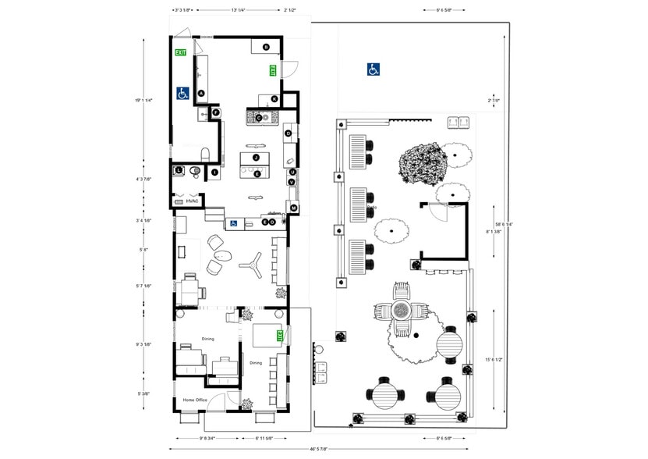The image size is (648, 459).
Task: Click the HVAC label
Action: point(192,201)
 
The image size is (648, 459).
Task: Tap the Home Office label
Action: point(195,400)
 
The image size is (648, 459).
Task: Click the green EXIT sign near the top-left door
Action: point(181,52)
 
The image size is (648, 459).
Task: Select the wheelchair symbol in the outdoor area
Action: point(374,69)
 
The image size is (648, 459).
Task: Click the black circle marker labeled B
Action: point(265,47)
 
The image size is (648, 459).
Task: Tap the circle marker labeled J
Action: point(255,158)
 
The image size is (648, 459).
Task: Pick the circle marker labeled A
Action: point(201,93)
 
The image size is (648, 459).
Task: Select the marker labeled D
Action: point(288,133)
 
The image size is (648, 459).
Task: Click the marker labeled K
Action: point(274,98)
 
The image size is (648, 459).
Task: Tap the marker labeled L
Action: point(179,169)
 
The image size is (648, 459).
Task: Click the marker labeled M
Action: point(294,208)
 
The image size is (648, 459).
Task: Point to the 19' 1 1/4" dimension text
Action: point(143,100)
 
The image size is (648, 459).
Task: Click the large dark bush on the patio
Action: point(421,162)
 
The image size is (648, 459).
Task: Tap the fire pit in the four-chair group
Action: point(401,310)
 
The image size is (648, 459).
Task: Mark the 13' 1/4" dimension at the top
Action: point(239,10)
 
